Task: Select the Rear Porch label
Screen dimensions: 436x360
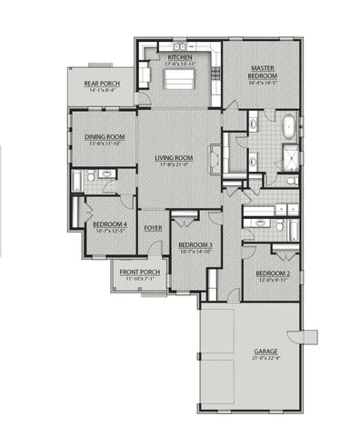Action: tap(102, 84)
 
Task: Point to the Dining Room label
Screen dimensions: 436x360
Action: tap(105, 137)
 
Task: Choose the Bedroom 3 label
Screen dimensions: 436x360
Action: tap(195, 245)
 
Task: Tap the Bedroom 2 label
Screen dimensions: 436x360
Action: tap(272, 273)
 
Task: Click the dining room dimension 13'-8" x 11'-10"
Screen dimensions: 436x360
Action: tap(105, 144)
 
